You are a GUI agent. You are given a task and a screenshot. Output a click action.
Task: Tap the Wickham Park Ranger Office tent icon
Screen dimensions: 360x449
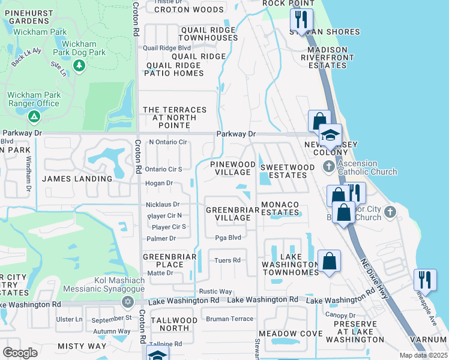34,115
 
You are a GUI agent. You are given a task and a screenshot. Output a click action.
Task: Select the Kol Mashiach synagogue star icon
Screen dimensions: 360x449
127,301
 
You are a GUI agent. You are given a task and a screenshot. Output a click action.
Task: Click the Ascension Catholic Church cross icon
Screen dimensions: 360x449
328,166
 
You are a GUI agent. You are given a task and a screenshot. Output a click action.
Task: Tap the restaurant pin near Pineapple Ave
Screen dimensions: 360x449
424,280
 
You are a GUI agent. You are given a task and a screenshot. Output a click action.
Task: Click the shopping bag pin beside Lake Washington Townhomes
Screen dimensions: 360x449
329,261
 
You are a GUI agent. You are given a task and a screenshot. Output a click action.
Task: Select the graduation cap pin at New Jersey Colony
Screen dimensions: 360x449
330,135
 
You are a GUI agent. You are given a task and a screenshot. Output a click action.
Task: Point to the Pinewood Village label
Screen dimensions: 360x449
232,168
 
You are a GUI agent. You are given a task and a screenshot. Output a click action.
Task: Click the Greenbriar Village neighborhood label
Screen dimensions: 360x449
228,214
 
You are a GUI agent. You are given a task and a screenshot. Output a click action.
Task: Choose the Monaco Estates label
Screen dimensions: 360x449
280,209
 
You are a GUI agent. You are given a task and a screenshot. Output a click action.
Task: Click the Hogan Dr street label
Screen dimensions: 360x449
160,183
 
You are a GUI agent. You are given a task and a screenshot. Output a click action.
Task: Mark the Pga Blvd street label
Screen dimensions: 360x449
228,238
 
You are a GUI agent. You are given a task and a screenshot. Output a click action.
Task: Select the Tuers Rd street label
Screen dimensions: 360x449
228,260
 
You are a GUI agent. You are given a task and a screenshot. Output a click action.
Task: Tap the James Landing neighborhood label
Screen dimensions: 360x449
77,179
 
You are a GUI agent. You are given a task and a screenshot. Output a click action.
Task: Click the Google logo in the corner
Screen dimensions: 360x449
20,353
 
